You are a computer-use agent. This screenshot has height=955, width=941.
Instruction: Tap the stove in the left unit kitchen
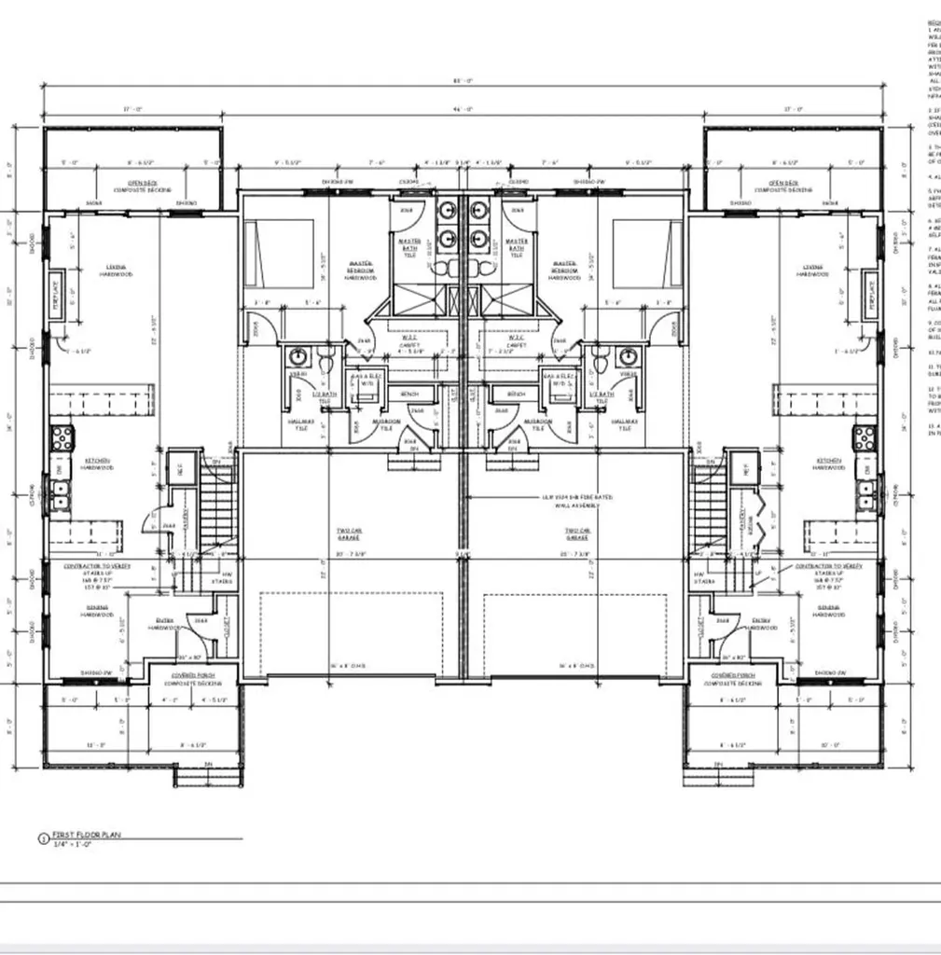[62, 437]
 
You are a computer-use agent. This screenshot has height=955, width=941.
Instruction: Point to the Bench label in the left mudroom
[408, 394]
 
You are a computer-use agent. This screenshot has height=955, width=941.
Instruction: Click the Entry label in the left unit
[166, 624]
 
